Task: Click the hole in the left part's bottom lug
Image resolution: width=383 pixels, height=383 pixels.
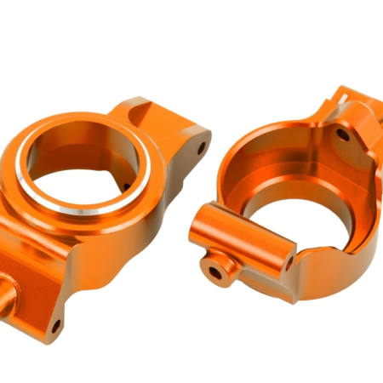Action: [x=55, y=325]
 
